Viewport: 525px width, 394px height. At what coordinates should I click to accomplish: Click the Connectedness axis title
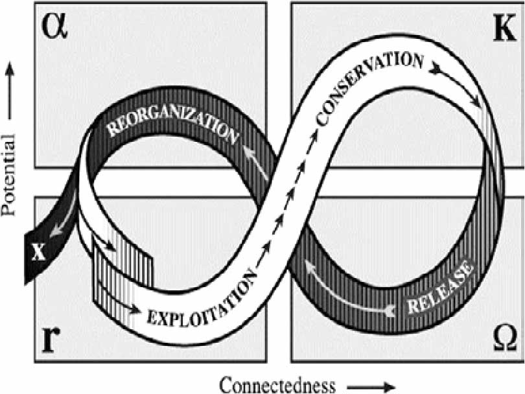tap(278, 386)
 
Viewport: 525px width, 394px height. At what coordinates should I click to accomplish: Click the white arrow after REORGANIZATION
tap(257, 163)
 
